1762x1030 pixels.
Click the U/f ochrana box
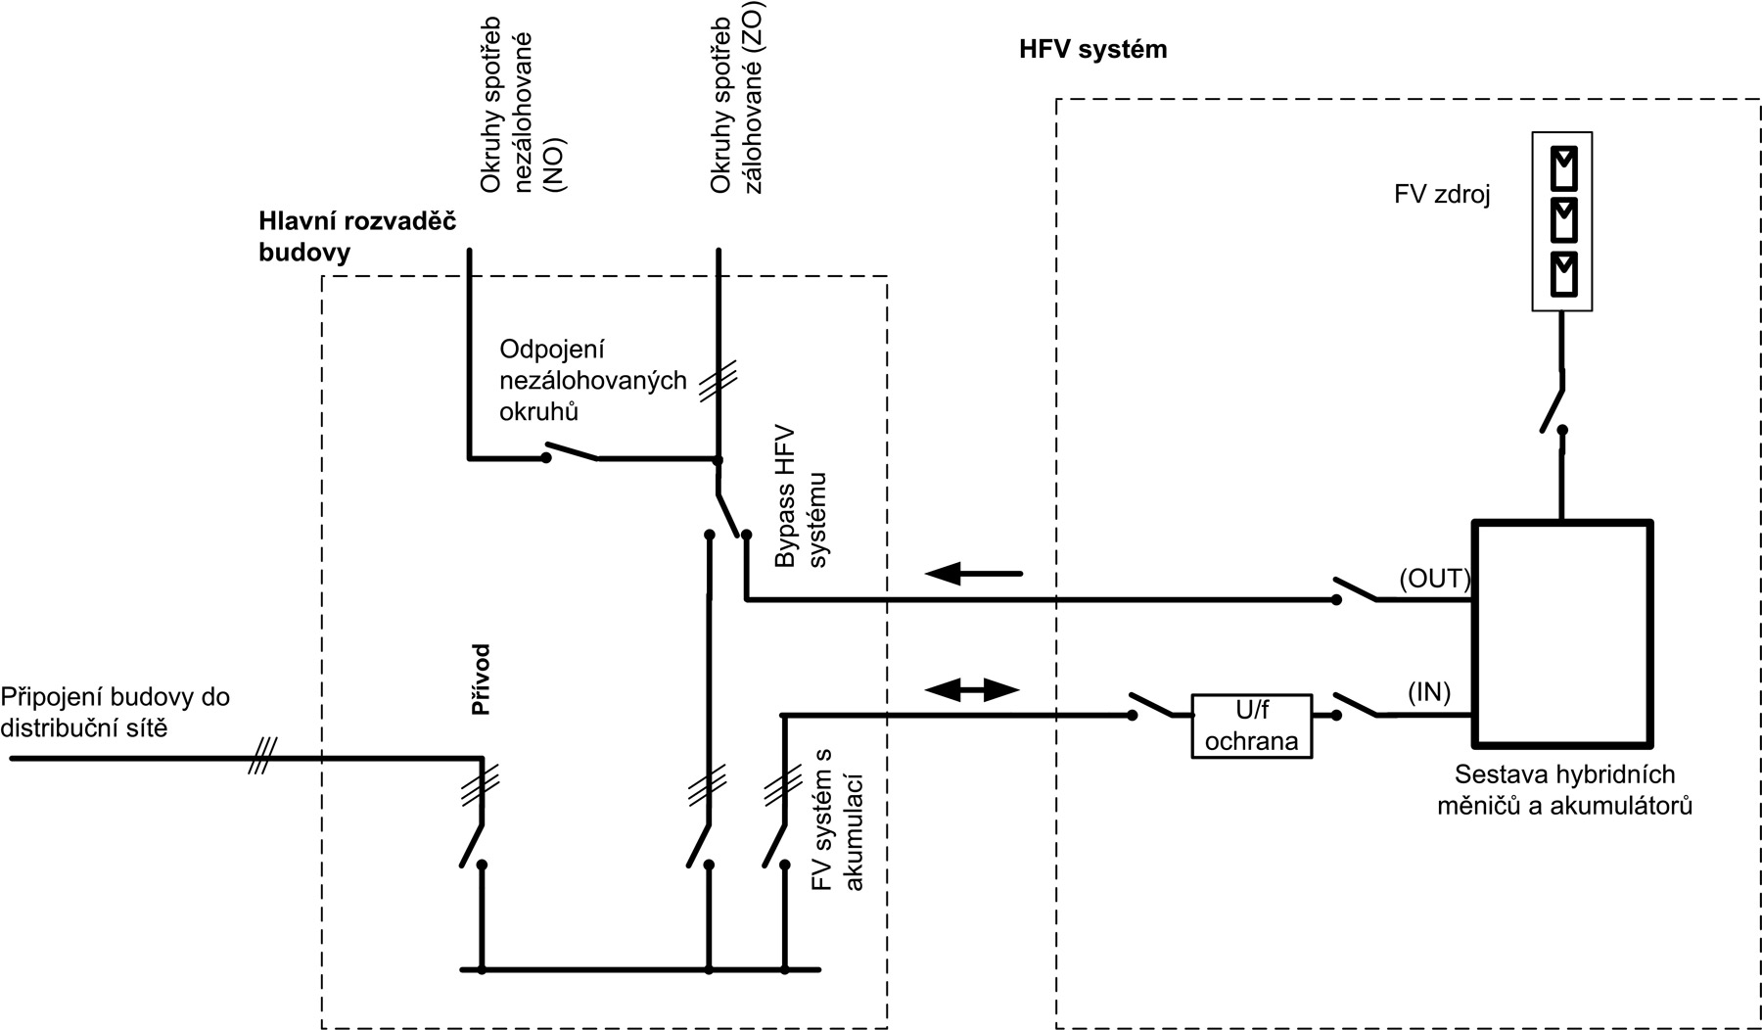click(1250, 726)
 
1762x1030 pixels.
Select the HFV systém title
click(1093, 50)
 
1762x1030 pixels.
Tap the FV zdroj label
click(1441, 195)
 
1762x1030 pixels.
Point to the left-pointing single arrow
click(973, 574)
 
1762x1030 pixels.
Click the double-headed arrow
click(972, 689)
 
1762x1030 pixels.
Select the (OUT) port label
click(1434, 579)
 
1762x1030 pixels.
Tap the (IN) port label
click(1428, 692)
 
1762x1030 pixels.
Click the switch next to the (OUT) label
click(1357, 590)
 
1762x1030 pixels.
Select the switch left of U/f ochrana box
click(1152, 706)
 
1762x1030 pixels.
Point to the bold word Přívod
click(481, 679)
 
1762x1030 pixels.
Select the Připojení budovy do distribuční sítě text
click(116, 712)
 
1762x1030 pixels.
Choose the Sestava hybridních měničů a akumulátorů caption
click(1563, 790)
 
